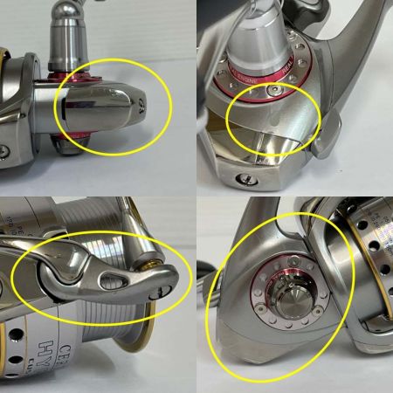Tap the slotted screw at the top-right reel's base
(245, 181)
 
